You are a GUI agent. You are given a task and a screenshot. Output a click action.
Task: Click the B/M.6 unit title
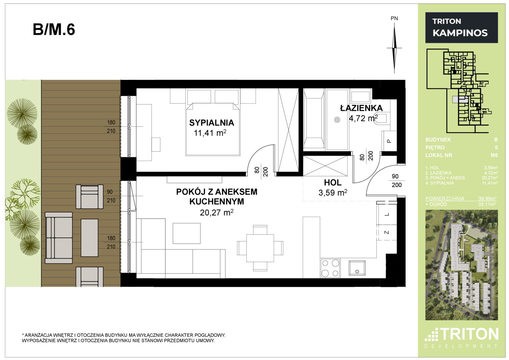coord(54,30)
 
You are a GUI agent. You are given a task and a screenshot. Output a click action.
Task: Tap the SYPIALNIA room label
coord(212,123)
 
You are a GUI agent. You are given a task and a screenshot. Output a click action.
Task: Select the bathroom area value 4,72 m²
coord(363,118)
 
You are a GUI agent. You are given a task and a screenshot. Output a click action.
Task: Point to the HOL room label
coord(333,183)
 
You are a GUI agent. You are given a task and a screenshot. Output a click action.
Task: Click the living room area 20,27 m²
coord(217,213)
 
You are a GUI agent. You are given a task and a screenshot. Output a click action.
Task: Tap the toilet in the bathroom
coord(383,118)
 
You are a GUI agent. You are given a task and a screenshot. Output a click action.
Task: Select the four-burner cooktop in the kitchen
coord(330,268)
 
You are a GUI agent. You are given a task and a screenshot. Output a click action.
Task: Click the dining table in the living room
coord(260,248)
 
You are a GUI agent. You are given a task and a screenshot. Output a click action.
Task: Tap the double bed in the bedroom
coord(213,129)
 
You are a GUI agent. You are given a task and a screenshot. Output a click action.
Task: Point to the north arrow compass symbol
coord(394,48)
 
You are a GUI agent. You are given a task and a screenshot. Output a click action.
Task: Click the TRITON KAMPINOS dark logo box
coord(462,27)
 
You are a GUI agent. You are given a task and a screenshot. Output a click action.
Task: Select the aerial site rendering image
coord(462,265)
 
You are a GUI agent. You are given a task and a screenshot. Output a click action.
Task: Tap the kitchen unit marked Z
coord(387,232)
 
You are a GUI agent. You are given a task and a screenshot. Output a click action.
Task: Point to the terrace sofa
coord(59,238)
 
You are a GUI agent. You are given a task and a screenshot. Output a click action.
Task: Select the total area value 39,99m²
coord(487,198)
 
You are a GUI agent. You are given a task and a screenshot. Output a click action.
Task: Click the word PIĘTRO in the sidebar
coord(435,147)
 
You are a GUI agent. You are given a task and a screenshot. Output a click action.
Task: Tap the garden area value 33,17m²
coord(487,204)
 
